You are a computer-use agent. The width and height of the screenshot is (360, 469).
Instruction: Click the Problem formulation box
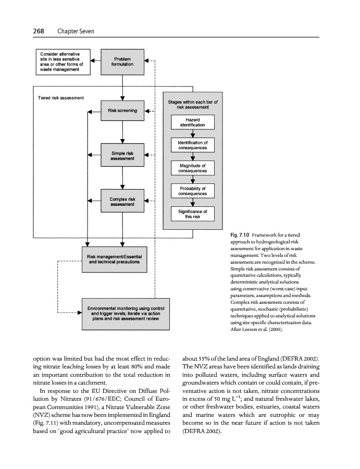(x=122, y=61)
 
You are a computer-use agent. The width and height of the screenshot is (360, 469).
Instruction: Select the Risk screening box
(x=122, y=110)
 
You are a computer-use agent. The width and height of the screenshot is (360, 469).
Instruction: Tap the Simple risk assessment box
(x=122, y=155)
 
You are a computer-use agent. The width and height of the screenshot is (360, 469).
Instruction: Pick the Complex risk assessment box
(x=122, y=201)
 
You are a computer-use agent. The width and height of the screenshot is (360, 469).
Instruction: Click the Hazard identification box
(x=192, y=122)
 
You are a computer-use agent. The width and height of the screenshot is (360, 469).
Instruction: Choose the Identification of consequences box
(x=192, y=145)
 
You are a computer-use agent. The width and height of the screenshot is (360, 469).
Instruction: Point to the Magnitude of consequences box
(x=192, y=168)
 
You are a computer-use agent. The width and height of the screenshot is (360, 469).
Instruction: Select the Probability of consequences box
(x=192, y=191)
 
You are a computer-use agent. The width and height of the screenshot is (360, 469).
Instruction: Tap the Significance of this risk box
(x=192, y=214)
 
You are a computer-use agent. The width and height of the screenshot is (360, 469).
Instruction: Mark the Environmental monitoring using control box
(x=127, y=314)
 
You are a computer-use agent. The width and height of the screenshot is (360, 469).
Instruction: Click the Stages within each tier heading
(x=192, y=104)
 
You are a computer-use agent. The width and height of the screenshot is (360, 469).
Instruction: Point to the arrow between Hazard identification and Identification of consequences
(x=192, y=134)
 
